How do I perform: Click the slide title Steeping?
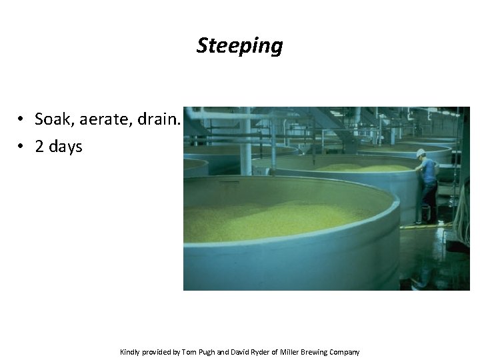point(239,46)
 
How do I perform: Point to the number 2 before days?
point(39,146)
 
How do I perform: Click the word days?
point(65,146)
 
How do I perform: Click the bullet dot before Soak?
point(22,119)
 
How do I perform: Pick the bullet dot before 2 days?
point(22,146)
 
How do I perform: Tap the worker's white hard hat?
point(421,153)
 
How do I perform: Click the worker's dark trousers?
point(429,201)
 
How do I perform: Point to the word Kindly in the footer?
point(130,352)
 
